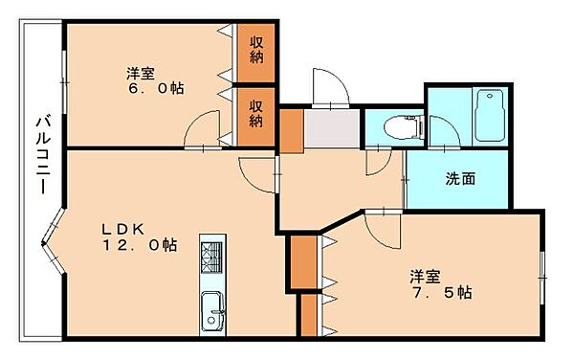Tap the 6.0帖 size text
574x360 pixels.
point(159,88)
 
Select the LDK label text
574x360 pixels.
point(123,230)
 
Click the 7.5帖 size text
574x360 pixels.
point(443,292)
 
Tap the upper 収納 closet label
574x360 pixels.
point(257,49)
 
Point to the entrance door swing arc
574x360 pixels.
point(328,86)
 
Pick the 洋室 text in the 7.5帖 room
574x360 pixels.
point(426,276)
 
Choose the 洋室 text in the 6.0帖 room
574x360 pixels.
point(142,72)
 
